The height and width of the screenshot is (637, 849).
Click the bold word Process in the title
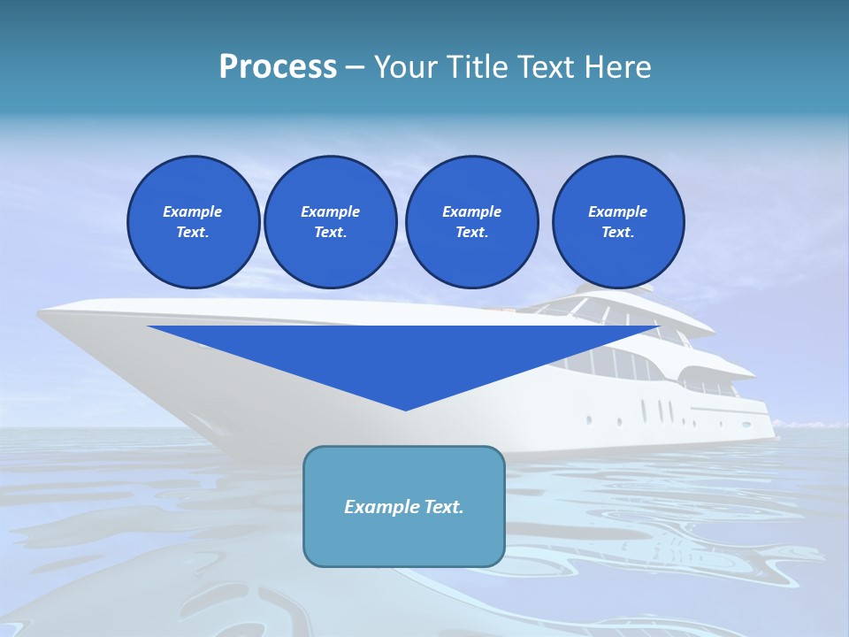tap(278, 67)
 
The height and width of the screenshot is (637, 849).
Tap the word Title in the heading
tap(477, 67)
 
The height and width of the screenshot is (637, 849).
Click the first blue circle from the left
tap(193, 222)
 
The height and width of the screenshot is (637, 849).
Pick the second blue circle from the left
tap(330, 222)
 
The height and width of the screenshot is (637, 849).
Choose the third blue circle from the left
tap(471, 222)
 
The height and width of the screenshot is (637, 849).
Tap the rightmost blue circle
tap(617, 222)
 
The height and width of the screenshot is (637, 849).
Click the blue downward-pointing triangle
tap(404, 354)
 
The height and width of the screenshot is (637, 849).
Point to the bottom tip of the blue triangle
tap(405, 410)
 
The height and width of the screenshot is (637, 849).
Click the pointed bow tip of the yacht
tap(41, 311)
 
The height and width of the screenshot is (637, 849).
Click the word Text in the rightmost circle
tap(617, 233)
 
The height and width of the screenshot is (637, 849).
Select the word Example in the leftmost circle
tap(193, 211)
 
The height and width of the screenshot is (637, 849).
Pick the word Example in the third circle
tap(471, 211)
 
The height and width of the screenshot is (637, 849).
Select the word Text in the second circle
tap(330, 233)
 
